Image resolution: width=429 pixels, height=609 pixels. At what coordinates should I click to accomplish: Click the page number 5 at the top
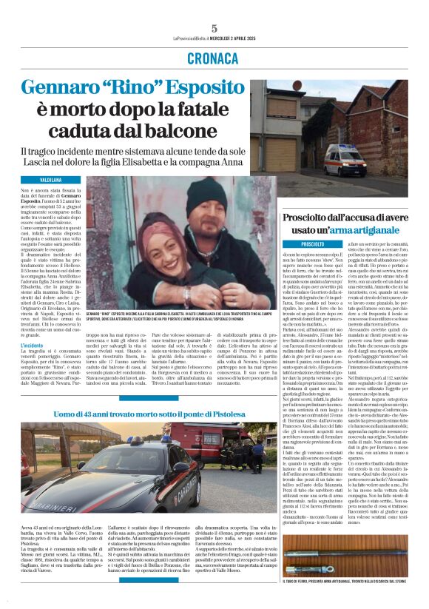pos(214,27)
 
